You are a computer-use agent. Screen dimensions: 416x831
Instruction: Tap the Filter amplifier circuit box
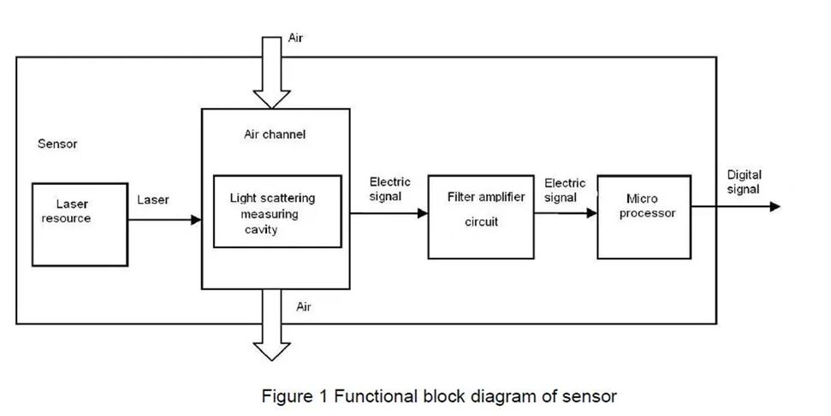coord(476,217)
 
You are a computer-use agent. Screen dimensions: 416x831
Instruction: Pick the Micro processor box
coord(643,216)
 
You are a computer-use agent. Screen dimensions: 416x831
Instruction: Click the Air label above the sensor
coord(294,39)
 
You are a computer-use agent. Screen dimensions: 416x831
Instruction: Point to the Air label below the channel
coord(304,306)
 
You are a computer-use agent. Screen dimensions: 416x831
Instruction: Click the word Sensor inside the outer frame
coord(57,144)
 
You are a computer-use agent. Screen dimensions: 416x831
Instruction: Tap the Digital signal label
coord(744,181)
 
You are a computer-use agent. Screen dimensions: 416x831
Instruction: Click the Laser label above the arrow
coord(153,200)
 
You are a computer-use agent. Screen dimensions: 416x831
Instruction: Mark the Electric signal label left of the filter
coord(389,188)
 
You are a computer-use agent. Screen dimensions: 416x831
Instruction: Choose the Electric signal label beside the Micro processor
coord(565,190)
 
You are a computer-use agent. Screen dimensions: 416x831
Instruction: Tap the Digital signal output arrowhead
coord(774,207)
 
